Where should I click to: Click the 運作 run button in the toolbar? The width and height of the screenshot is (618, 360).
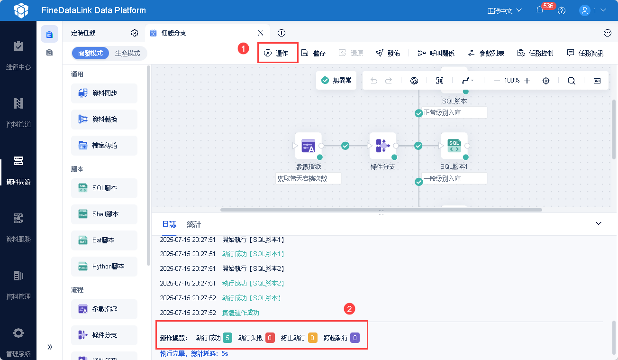point(277,53)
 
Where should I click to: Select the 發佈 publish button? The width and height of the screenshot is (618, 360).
point(388,53)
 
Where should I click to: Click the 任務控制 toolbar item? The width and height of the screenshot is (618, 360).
point(536,53)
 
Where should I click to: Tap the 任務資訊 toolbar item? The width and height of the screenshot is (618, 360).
point(585,53)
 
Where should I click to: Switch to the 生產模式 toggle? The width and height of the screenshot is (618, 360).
point(127,54)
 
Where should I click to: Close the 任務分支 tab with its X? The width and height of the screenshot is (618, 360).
point(260,33)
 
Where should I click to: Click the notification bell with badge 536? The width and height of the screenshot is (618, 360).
point(540,10)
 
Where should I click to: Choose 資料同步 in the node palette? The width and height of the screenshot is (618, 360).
point(104,93)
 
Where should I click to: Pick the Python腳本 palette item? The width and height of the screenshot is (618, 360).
point(104,267)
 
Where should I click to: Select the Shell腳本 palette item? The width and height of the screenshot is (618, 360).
point(104,214)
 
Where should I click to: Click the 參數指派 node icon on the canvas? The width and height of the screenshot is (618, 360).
point(308,146)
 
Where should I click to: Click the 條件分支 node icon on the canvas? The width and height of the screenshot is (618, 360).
point(382,146)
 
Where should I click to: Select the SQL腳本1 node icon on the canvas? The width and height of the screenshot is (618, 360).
point(454,146)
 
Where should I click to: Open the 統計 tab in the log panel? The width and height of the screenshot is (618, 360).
point(194,224)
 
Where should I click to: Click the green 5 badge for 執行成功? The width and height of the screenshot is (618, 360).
point(227,338)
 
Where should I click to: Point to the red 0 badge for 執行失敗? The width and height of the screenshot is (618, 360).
point(270,338)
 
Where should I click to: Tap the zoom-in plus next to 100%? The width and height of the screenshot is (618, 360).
point(527,81)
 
